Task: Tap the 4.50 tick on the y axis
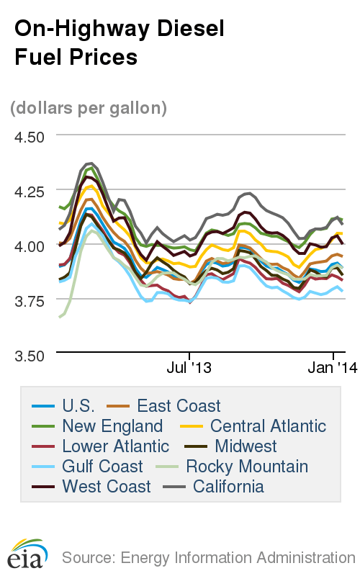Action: (x=30, y=137)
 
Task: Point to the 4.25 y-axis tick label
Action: (x=30, y=192)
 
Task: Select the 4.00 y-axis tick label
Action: (x=30, y=246)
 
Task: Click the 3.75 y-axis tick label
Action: (x=30, y=300)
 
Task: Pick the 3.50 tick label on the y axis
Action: (x=30, y=355)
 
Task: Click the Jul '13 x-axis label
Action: (x=189, y=368)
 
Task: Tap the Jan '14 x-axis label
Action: (x=333, y=368)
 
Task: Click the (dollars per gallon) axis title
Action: (x=89, y=108)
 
